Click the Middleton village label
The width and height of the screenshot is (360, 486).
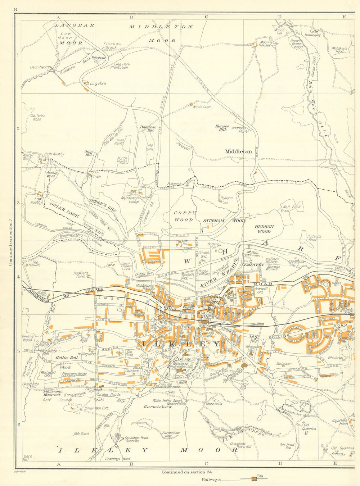point(238,151)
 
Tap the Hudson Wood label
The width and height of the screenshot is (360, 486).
point(264,229)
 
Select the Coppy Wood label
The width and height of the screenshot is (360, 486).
point(184,216)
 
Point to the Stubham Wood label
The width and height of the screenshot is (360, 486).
point(224,221)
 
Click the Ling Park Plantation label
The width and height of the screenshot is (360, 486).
point(119,66)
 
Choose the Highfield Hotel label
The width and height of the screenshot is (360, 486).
point(339,422)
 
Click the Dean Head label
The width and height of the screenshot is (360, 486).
point(39,67)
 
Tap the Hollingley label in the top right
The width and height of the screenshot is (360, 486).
point(312,35)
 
